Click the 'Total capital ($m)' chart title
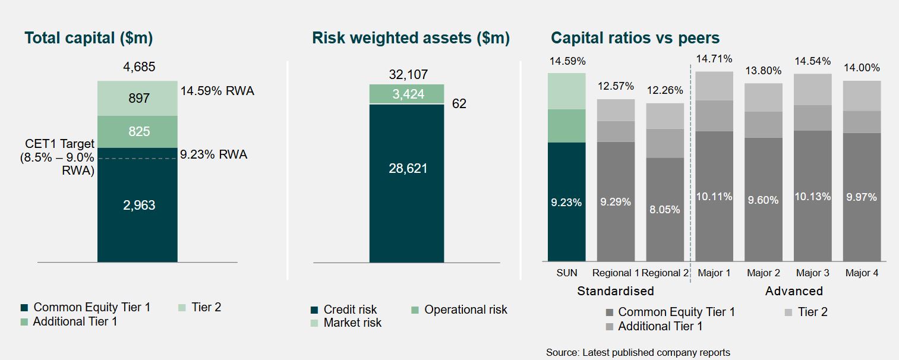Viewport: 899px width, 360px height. coord(89,38)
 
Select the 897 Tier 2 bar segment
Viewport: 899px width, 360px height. coord(137,99)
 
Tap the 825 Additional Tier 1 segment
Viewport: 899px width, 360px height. coord(137,132)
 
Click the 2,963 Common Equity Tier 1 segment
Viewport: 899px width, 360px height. coord(137,205)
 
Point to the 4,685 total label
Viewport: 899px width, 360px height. coord(139,67)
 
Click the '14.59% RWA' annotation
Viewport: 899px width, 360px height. coord(217,91)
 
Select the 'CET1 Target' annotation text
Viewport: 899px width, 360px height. coord(59,144)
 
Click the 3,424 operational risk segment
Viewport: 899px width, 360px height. coord(406,94)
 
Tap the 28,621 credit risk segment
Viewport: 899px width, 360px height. coord(406,183)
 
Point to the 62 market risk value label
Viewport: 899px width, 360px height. coord(459,103)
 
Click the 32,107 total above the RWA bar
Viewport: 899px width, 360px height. coord(408,74)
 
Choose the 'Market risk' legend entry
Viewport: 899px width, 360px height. coord(346,323)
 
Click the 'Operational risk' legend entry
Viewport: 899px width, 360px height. coord(459,310)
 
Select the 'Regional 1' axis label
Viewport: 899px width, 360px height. coord(615,273)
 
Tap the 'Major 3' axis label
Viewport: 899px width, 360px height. coord(813,273)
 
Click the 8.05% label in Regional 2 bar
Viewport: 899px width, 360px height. coord(665,210)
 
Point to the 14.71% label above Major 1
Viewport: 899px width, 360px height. coord(714,59)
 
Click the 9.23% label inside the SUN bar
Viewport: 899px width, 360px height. coord(566,202)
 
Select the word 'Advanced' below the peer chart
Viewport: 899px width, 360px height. coord(794,291)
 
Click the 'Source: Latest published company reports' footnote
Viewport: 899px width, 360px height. coord(638,352)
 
